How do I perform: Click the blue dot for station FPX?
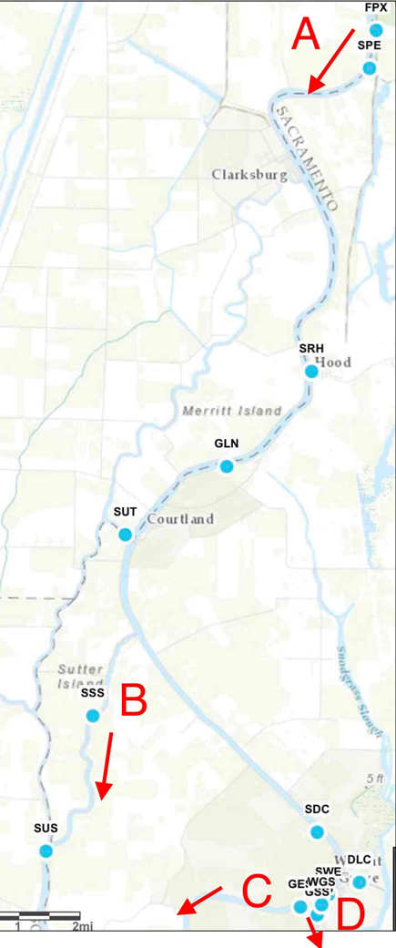coord(376,30)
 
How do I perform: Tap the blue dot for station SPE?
coord(369,68)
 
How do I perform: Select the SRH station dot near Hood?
coord(311,372)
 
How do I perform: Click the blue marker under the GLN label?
coord(227,466)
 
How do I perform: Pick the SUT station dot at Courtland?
coord(126,535)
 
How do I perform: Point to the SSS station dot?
coord(92,716)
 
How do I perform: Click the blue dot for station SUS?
coord(46,851)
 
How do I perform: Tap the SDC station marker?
coord(317,831)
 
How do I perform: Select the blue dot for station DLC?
coord(360,882)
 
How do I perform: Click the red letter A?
coord(306,36)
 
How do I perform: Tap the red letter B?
coord(134,701)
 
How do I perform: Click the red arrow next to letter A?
coord(331,61)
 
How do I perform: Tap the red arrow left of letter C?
coord(199,899)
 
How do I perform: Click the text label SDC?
coord(317,809)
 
